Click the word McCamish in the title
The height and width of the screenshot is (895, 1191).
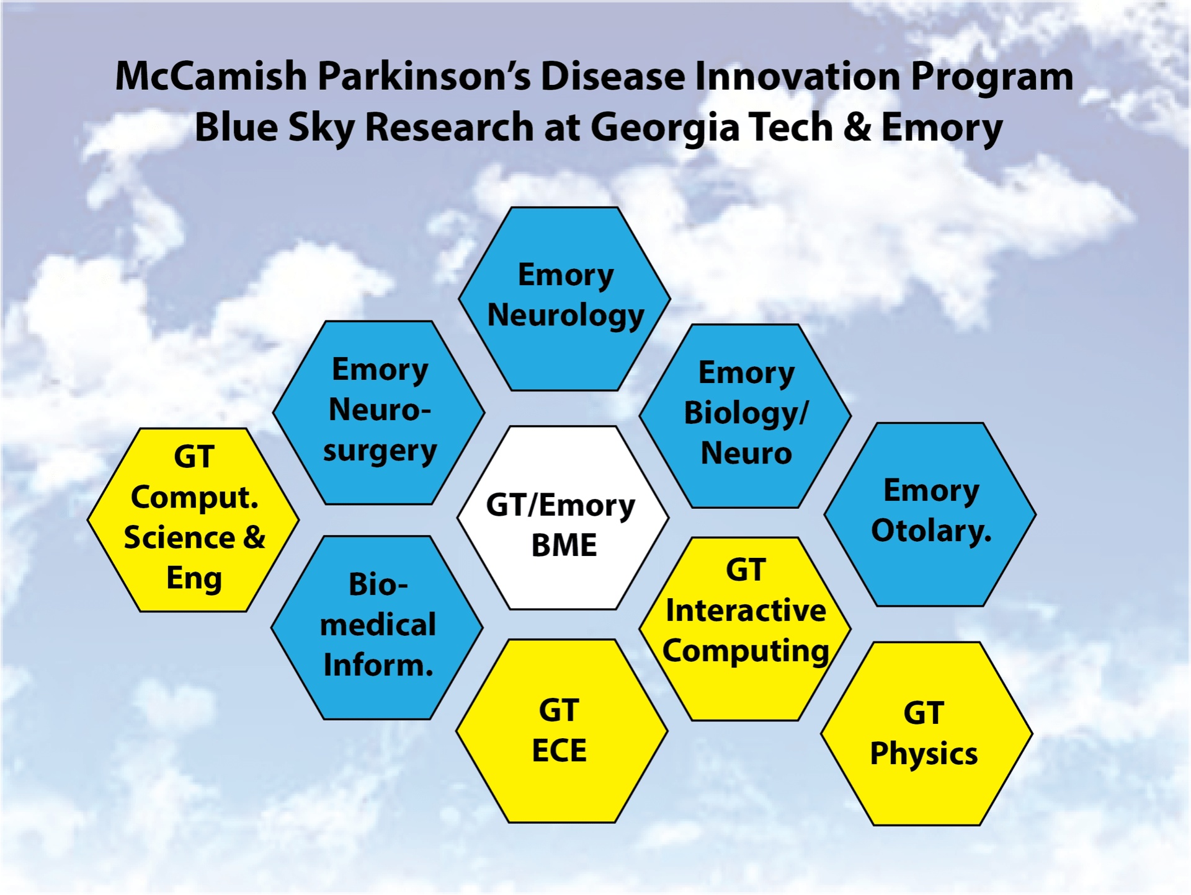(x=211, y=76)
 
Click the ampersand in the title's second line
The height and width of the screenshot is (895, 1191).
(x=857, y=126)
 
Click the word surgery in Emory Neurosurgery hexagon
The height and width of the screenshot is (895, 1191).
(x=380, y=451)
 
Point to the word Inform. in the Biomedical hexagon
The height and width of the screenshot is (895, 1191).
(x=378, y=665)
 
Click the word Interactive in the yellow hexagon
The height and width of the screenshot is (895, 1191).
(x=746, y=611)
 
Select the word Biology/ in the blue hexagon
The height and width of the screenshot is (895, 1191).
(x=746, y=413)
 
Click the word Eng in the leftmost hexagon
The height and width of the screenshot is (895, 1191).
(x=194, y=579)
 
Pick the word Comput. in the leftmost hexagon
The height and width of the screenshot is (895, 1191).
(x=194, y=498)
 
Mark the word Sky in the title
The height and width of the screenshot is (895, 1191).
(x=321, y=128)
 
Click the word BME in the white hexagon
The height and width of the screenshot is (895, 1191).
(x=564, y=545)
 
